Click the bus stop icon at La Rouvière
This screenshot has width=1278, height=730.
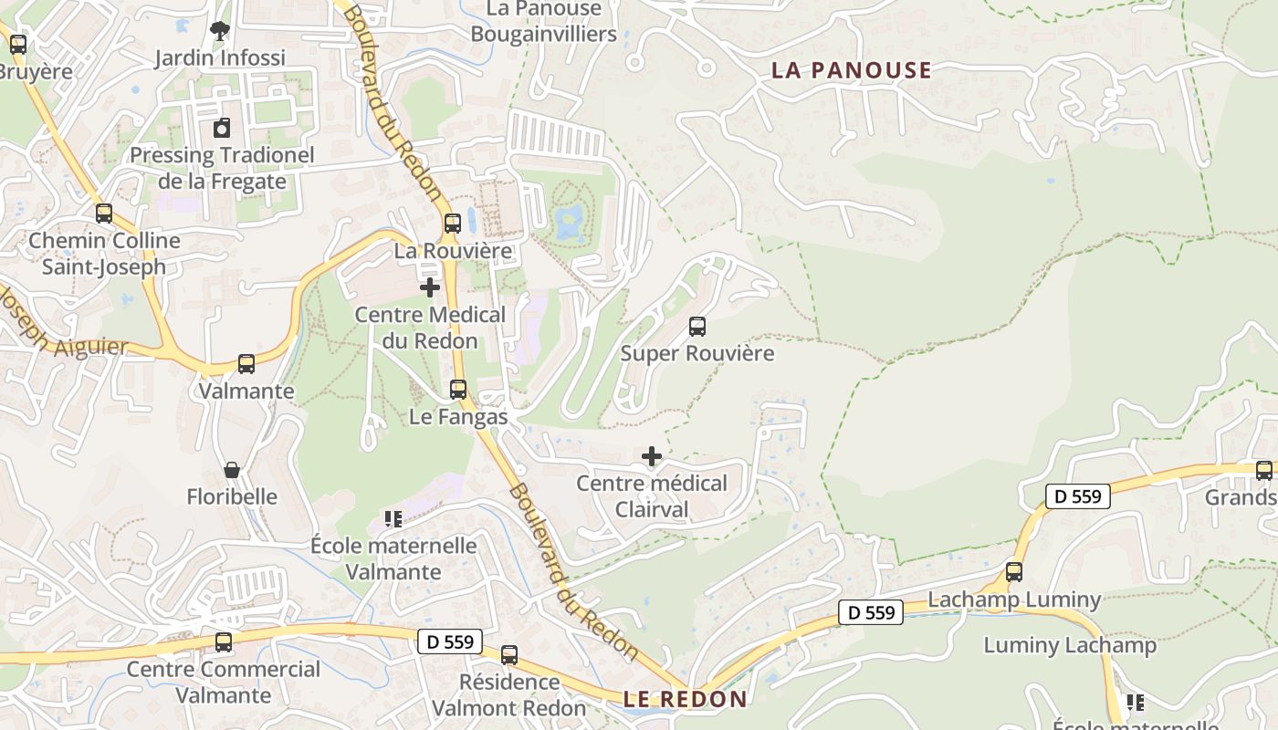click(x=453, y=224)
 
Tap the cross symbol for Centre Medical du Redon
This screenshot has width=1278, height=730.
click(x=430, y=287)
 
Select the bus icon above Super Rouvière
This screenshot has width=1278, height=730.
click(x=697, y=327)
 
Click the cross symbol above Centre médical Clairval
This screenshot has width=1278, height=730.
click(x=652, y=456)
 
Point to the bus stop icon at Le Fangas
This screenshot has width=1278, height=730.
click(x=458, y=390)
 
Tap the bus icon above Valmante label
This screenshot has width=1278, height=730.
click(x=246, y=364)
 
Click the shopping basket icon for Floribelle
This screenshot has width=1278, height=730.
click(x=232, y=470)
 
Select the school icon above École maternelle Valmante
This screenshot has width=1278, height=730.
click(x=393, y=519)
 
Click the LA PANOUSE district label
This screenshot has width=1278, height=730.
click(x=852, y=70)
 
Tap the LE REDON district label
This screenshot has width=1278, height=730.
click(x=686, y=700)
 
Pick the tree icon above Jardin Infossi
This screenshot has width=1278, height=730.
click(x=219, y=31)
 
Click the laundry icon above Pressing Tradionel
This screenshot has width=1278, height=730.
click(x=222, y=129)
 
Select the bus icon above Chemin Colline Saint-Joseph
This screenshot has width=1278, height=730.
click(x=104, y=214)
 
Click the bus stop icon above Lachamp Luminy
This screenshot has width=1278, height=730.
click(x=1014, y=572)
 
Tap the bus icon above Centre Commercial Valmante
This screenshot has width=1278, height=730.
click(x=224, y=641)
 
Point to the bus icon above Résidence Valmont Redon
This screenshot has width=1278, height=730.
click(x=509, y=654)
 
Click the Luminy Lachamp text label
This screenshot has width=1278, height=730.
click(x=1070, y=645)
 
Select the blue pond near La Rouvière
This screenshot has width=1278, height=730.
click(x=570, y=219)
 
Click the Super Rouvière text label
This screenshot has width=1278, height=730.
click(x=697, y=353)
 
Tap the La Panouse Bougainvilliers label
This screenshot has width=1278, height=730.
click(x=544, y=21)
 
